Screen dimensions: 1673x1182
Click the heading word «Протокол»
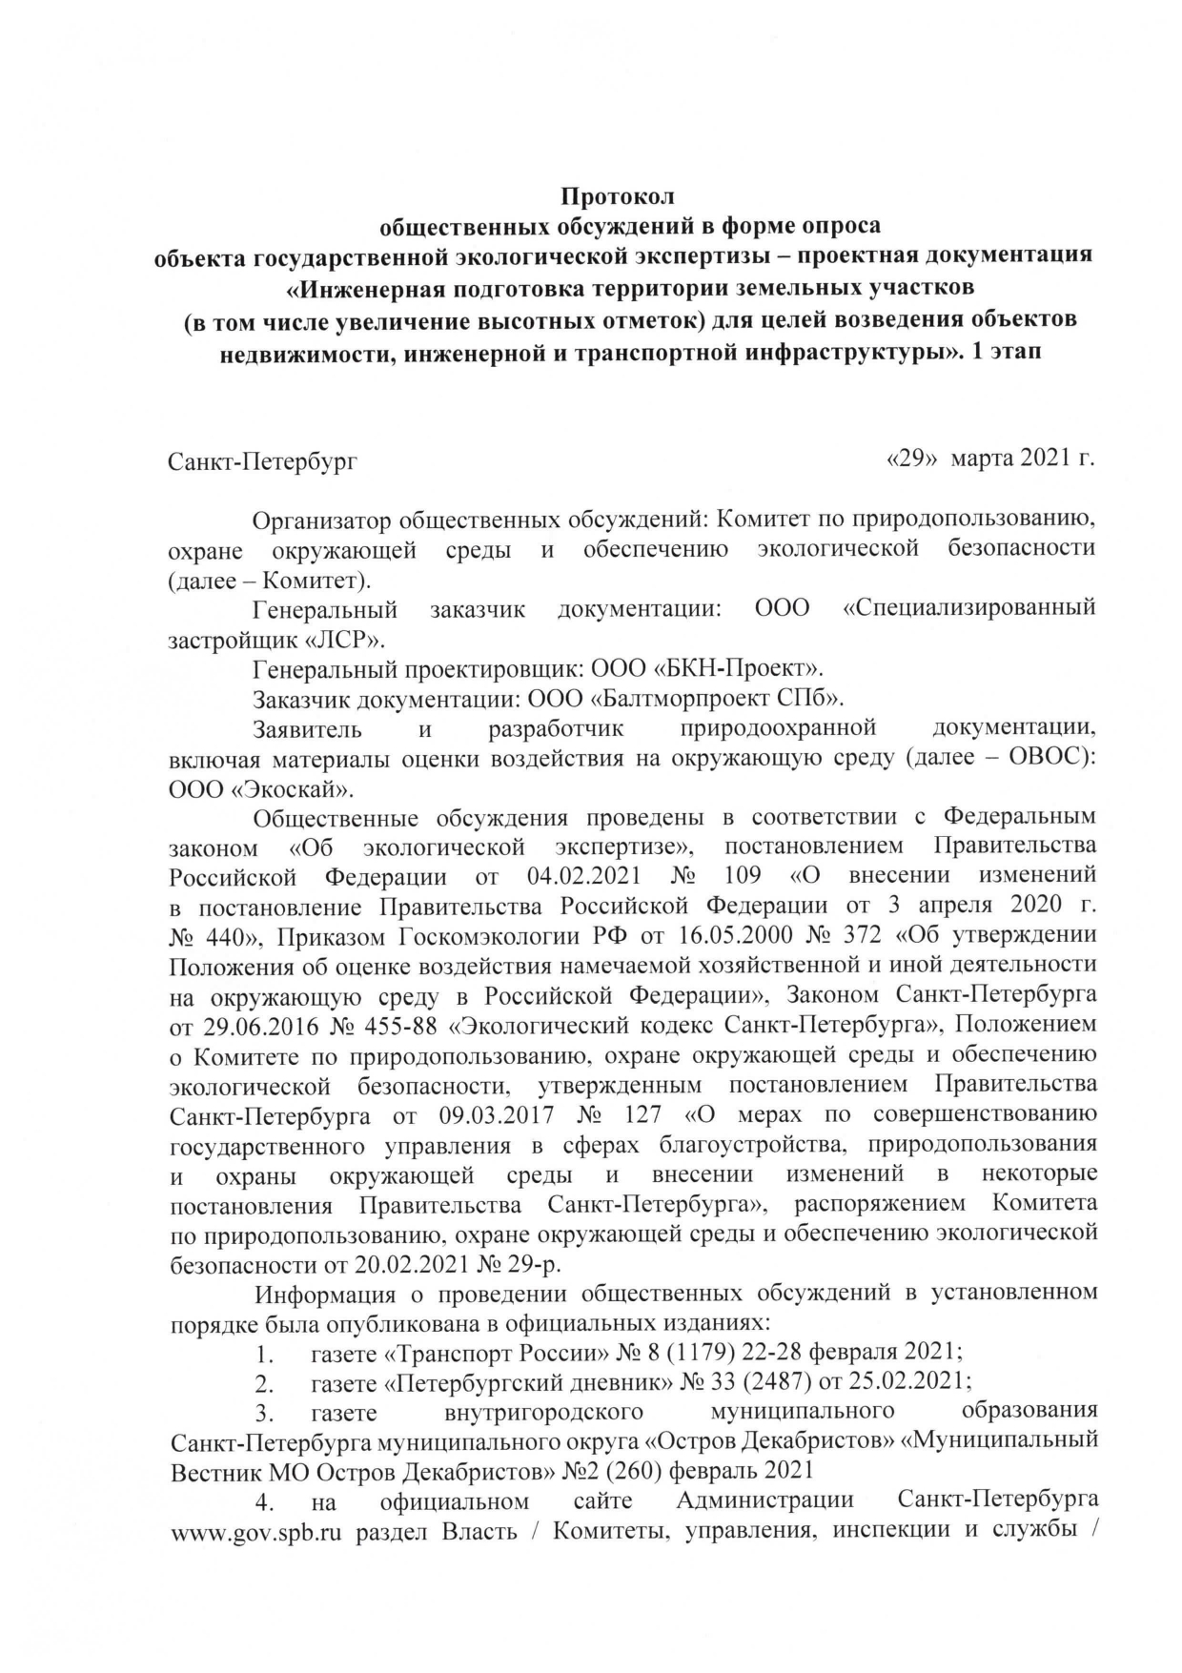[617, 197]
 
